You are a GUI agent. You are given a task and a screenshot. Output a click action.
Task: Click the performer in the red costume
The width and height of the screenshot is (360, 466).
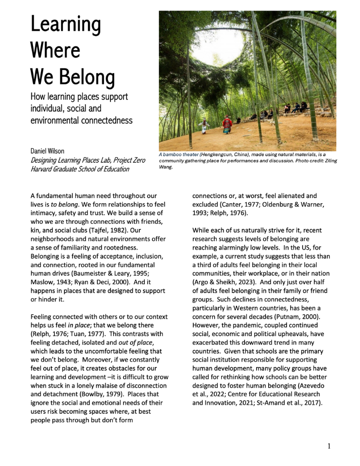point(227,124)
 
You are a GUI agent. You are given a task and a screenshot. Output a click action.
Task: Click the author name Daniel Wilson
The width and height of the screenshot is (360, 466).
point(48,151)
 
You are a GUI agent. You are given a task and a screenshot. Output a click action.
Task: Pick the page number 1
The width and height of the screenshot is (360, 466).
point(329,446)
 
